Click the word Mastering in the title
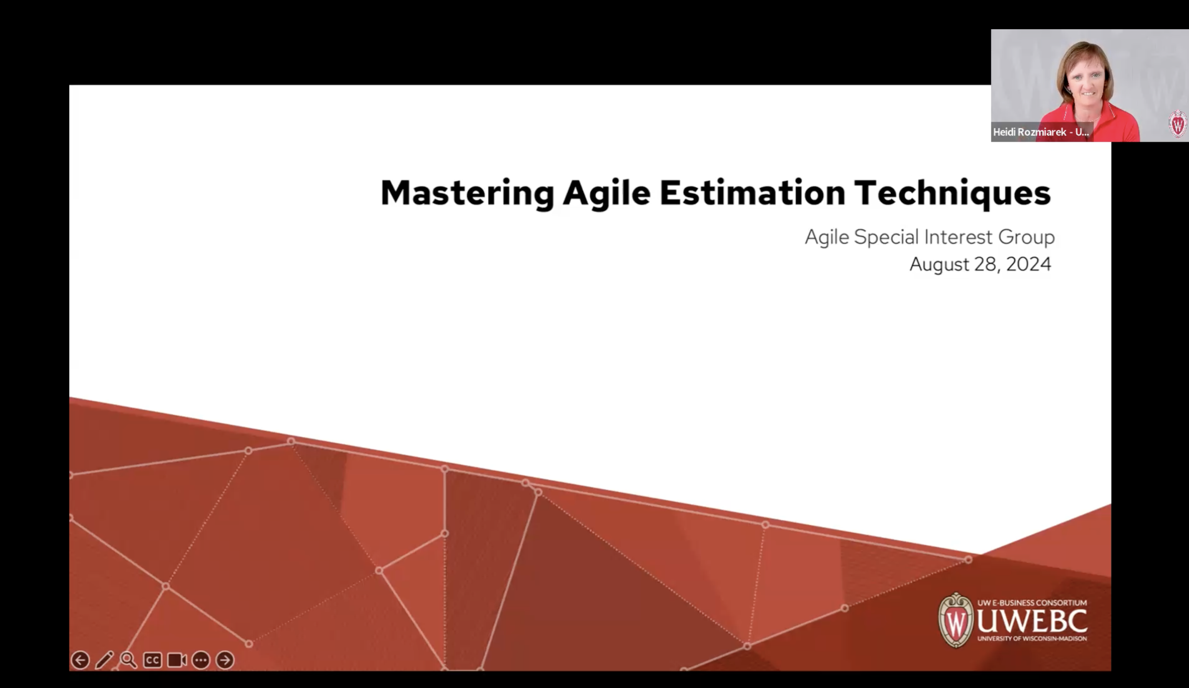click(467, 193)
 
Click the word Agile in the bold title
click(606, 193)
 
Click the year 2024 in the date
click(1028, 264)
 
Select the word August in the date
click(939, 264)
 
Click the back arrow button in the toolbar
click(80, 660)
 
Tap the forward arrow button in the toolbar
click(225, 660)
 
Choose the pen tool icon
click(104, 660)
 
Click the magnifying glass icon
click(128, 660)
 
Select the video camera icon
click(177, 660)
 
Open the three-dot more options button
click(201, 660)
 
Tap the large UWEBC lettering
click(1032, 620)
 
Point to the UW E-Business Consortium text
click(1032, 602)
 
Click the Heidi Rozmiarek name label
click(1040, 132)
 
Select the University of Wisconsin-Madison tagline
click(1032, 639)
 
